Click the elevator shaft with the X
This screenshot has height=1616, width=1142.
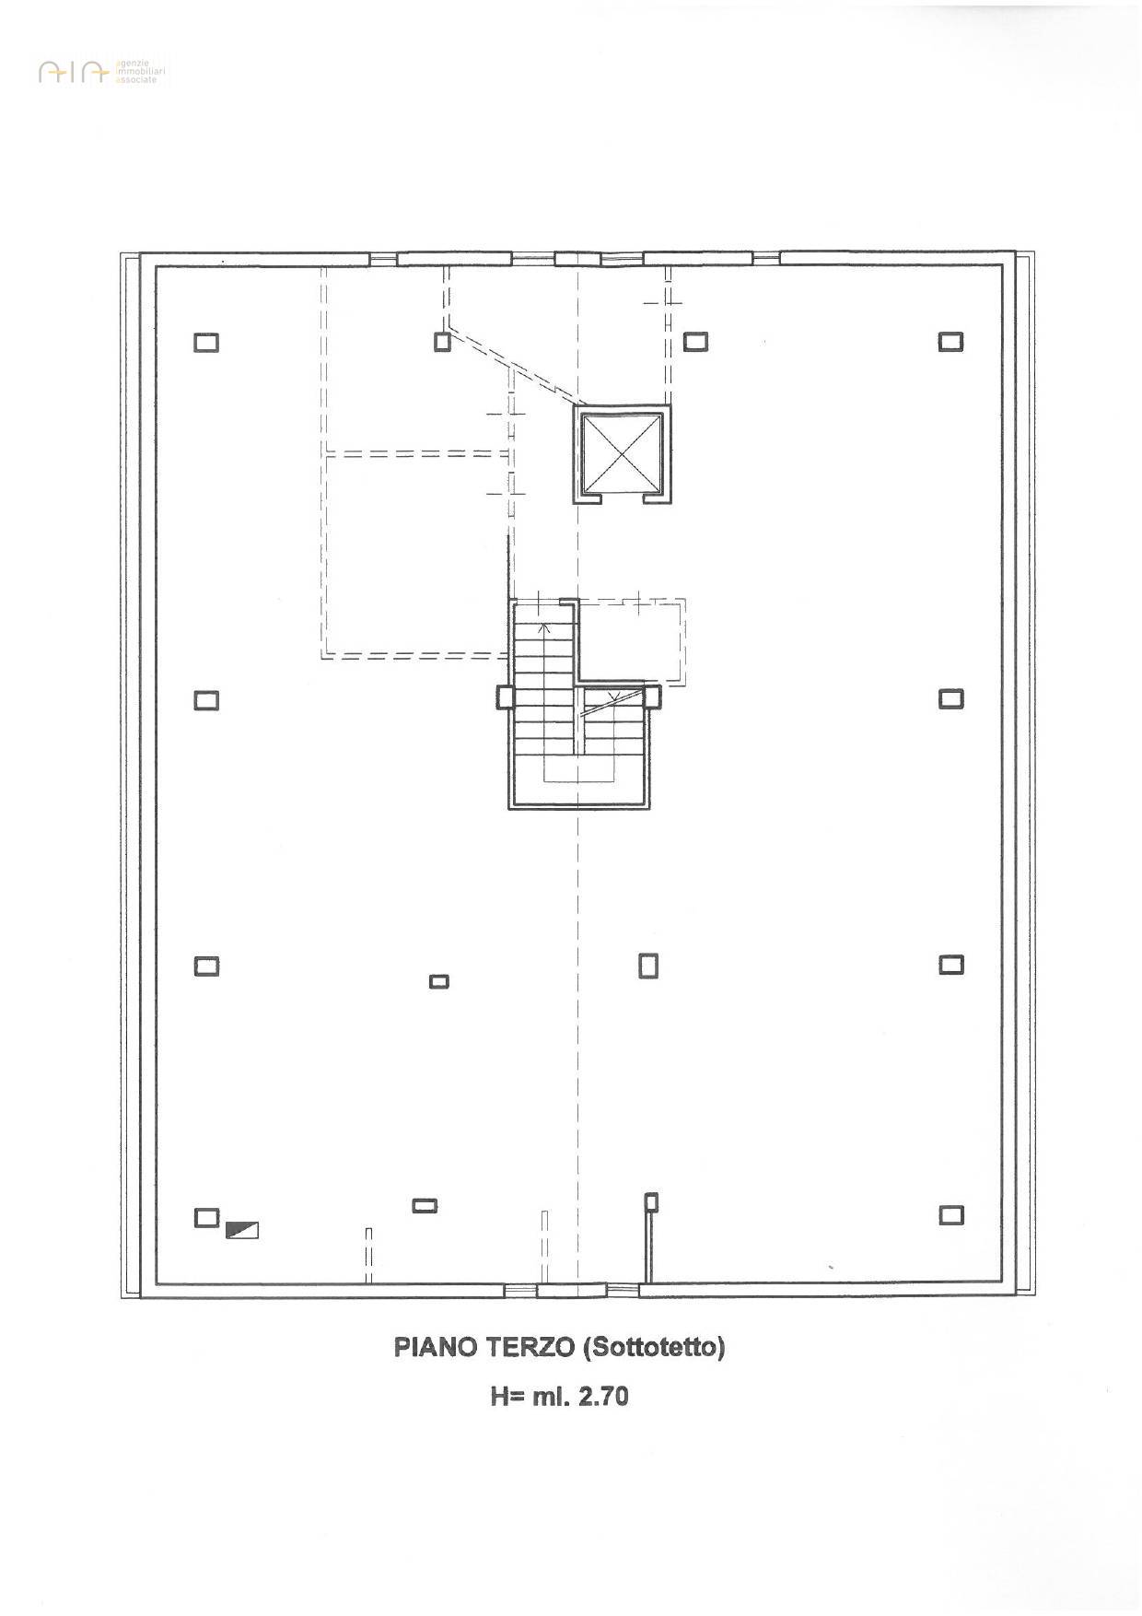(623, 454)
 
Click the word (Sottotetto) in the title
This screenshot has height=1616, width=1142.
(654, 1347)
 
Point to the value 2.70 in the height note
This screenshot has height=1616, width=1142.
(602, 1397)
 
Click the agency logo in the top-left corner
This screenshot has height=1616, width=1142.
(103, 72)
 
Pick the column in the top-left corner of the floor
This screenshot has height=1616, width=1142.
(206, 342)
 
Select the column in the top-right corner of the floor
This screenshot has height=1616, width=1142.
(951, 342)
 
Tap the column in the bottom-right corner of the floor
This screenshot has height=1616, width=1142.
(951, 1215)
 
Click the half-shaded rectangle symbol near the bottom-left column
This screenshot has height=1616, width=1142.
(242, 1229)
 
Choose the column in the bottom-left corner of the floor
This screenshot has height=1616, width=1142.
(206, 1217)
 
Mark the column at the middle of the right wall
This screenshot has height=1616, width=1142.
(951, 698)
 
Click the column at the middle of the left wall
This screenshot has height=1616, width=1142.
(206, 700)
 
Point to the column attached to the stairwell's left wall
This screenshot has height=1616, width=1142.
(505, 697)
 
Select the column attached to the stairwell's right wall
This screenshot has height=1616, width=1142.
(653, 697)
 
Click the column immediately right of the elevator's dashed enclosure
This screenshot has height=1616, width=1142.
(695, 342)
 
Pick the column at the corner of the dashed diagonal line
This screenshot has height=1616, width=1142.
(443, 342)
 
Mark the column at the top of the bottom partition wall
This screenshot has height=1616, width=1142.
(651, 1202)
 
